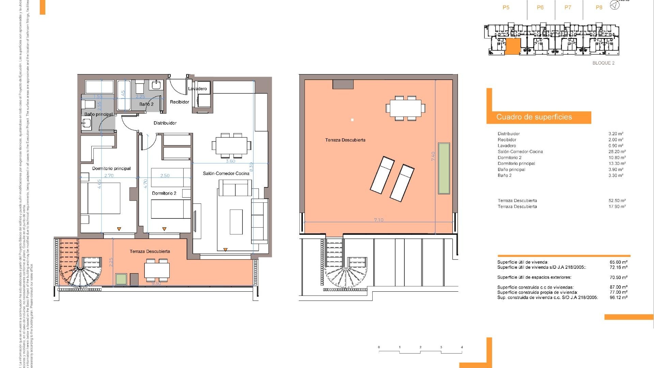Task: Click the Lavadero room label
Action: [198, 89]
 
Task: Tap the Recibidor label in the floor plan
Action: [180, 102]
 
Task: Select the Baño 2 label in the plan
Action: [146, 104]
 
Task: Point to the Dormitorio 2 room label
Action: [164, 193]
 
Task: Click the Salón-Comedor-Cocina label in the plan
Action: [226, 173]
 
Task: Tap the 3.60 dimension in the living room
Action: [231, 161]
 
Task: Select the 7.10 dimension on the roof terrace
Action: [379, 220]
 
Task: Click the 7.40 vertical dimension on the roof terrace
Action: [433, 156]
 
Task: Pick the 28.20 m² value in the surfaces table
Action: [617, 152]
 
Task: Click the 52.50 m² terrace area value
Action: [617, 201]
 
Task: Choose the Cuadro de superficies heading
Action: [534, 117]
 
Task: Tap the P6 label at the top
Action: [540, 7]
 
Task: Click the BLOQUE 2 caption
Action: [604, 63]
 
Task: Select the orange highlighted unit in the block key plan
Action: [513, 46]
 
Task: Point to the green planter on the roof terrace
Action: [444, 168]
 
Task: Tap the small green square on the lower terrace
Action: [121, 279]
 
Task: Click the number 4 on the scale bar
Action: [462, 347]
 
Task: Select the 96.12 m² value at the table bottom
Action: [618, 297]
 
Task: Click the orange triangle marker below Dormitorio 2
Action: [165, 229]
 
